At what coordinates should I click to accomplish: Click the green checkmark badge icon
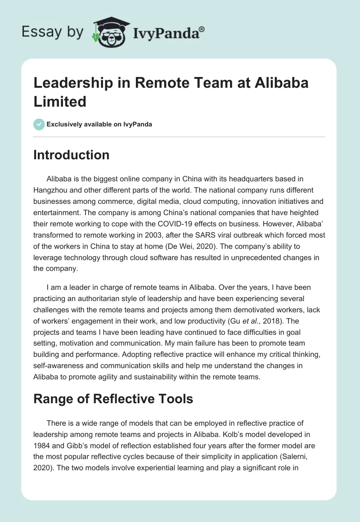[39, 124]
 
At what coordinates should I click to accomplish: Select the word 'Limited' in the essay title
[60, 101]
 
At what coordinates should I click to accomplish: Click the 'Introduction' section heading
[72, 155]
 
